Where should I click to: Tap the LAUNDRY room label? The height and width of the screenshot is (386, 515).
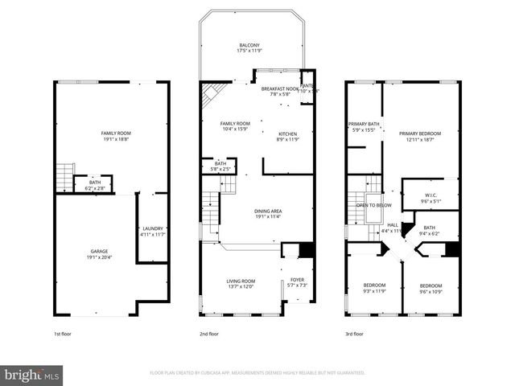[152, 231]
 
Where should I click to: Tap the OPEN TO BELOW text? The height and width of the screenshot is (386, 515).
[374, 206]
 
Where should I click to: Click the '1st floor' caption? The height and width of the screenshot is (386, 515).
[64, 332]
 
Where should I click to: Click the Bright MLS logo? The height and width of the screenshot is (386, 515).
[32, 375]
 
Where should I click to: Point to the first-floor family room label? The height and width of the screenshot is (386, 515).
[116, 136]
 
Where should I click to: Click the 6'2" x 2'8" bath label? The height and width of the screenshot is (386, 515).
[95, 185]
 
